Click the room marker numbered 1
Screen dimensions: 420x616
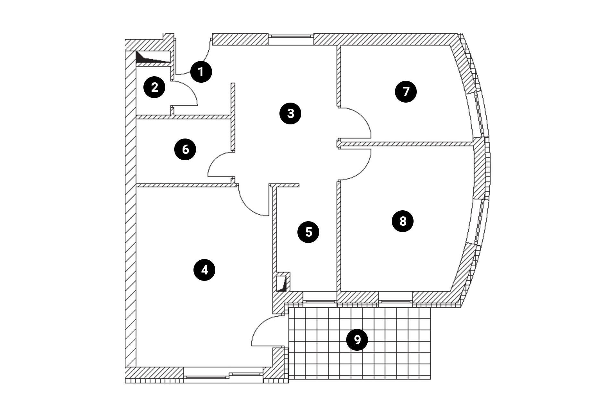(201, 72)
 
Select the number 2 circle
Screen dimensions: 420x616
(154, 87)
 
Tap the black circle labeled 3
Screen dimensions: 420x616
(290, 113)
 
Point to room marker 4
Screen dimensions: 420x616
(204, 270)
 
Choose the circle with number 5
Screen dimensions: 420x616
(308, 232)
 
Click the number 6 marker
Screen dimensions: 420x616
(185, 149)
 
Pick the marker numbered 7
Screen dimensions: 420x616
(406, 92)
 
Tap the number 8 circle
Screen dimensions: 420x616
(403, 221)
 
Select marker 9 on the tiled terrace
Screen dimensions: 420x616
(357, 340)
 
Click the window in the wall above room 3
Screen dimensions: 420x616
(290, 39)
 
